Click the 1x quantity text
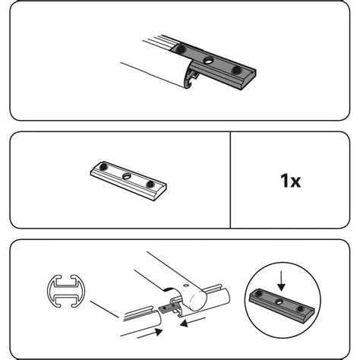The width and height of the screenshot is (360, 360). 291,181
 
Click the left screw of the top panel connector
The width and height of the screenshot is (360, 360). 181,49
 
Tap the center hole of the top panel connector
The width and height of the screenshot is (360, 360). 209,60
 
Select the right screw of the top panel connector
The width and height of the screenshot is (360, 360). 236,70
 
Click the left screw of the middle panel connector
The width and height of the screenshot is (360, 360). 103,167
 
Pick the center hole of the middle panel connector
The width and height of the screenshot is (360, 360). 127,176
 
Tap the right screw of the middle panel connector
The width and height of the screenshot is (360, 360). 150,185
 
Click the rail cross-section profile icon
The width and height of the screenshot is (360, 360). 66,291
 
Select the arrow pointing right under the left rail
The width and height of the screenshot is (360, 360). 150,333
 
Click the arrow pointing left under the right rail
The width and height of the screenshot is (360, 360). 192,322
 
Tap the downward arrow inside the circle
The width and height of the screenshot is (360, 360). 281,281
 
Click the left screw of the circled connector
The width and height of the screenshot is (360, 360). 258,293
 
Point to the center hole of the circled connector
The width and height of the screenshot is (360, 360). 279,302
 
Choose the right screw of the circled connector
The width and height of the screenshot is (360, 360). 301,309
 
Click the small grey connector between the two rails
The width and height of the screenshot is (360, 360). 165,308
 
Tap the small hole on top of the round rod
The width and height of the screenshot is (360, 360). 186,286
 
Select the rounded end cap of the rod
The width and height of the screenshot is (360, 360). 197,301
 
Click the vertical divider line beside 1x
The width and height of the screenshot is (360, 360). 230,180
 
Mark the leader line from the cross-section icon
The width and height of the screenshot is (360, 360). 104,309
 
